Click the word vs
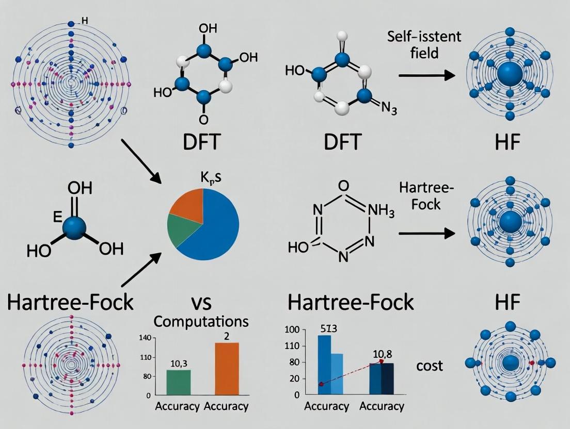pos(205,301)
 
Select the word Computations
pos(202,321)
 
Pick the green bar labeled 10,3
pos(178,382)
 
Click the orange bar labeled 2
pos(227,369)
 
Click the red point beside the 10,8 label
pos(382,361)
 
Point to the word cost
pos(429,366)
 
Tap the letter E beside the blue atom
pos(58,217)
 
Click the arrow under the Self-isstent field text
pos(427,76)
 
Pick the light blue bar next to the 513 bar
pos(337,374)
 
